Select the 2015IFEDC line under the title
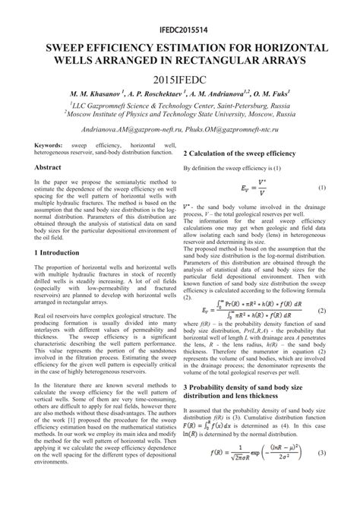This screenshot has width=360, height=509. (180, 78)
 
